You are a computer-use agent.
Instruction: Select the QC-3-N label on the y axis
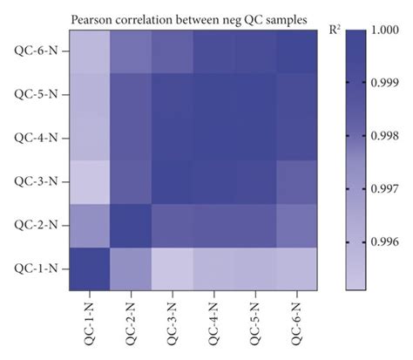click(34, 182)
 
